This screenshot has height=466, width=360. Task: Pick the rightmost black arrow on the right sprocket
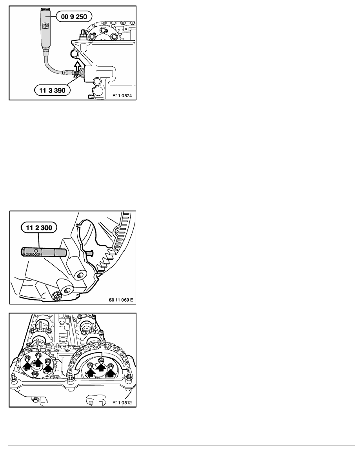tap(112, 371)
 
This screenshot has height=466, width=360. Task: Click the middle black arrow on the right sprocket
tap(101, 368)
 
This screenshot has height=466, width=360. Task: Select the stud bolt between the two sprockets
tap(70, 378)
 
